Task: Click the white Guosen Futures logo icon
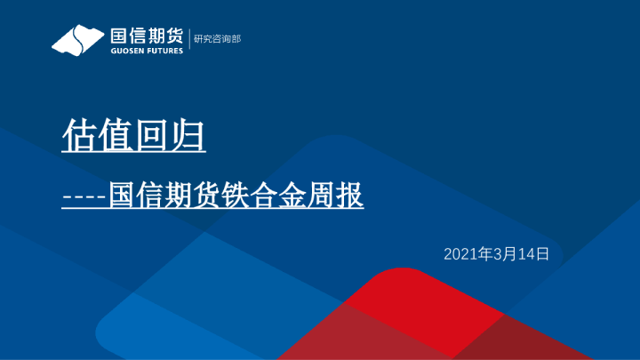(77, 40)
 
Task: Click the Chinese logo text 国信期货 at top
(146, 36)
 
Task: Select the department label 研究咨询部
(217, 39)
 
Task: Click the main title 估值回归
(133, 135)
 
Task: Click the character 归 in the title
(188, 135)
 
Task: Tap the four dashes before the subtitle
(84, 197)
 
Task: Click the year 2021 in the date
(460, 254)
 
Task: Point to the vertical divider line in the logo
(188, 40)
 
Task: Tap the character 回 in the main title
(152, 135)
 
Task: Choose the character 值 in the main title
(116, 135)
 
